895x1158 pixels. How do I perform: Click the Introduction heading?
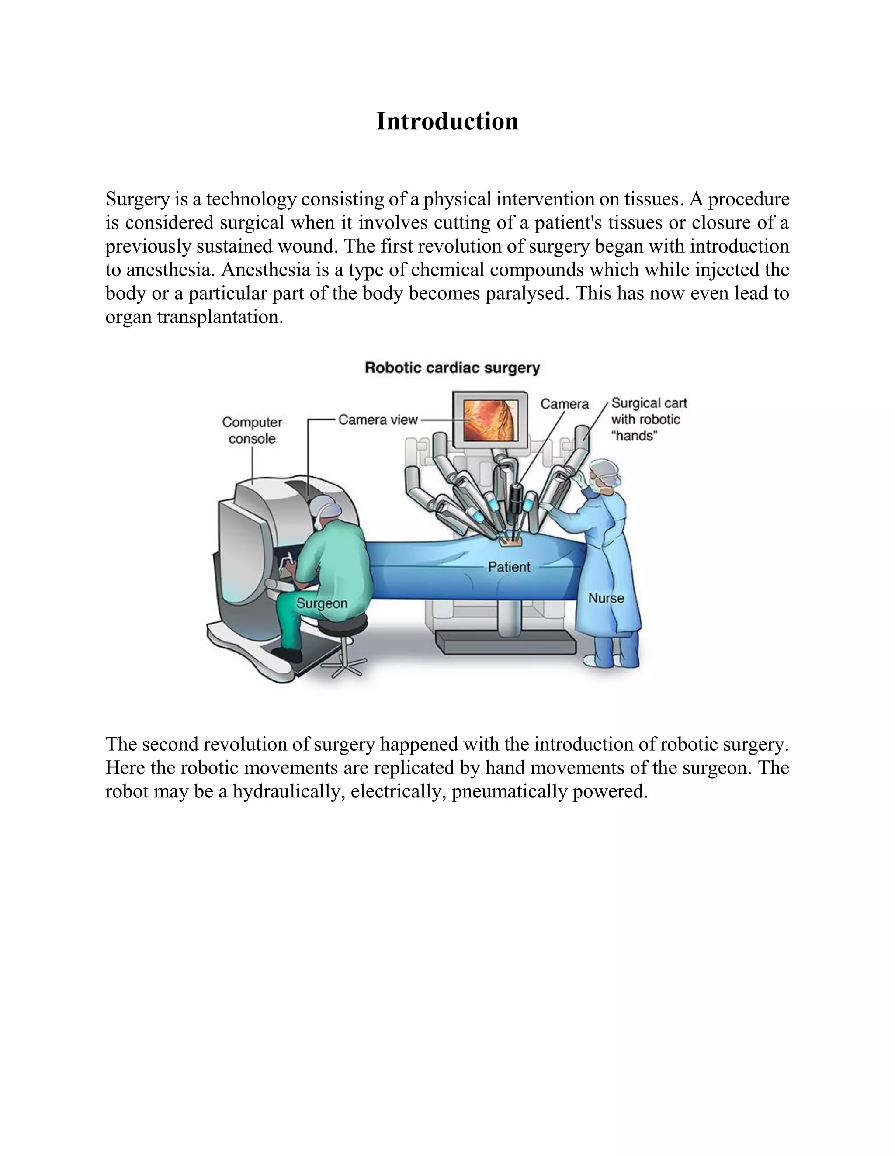447,121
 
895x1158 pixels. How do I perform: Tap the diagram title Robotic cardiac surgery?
452,368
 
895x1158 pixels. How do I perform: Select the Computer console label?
252,430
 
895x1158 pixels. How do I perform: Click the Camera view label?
378,420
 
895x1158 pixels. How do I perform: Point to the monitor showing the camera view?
489,420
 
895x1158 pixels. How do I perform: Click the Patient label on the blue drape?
509,567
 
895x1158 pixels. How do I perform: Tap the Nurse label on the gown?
606,598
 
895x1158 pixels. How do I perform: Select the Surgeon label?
322,603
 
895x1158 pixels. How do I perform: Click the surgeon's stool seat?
343,622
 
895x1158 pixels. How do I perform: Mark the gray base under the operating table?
505,643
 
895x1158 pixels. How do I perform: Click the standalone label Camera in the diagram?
564,404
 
